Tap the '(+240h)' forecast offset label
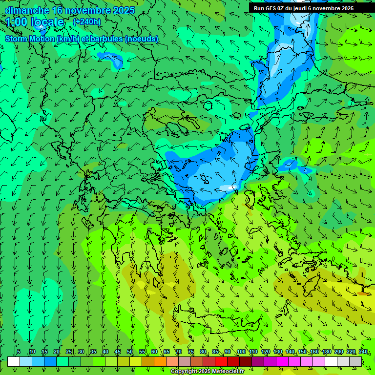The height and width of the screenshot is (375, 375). pyautogui.click(x=86, y=21)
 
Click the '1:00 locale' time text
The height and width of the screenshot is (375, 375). pyautogui.click(x=35, y=22)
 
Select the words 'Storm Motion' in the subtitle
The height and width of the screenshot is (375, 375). pyautogui.click(x=30, y=39)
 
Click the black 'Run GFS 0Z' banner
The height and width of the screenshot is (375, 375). pyautogui.click(x=304, y=8)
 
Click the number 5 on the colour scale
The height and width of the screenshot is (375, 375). pyautogui.click(x=19, y=352)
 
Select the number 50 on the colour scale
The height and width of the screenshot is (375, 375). pyautogui.click(x=130, y=352)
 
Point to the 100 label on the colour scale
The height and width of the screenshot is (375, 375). pyautogui.click(x=241, y=352)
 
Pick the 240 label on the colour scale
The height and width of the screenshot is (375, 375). pyautogui.click(x=363, y=352)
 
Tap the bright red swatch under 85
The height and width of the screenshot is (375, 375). pyautogui.click(x=221, y=361)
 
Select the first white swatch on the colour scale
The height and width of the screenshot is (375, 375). pyautogui.click(x=14, y=361)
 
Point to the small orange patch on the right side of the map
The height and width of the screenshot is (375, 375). pyautogui.click(x=363, y=293)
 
